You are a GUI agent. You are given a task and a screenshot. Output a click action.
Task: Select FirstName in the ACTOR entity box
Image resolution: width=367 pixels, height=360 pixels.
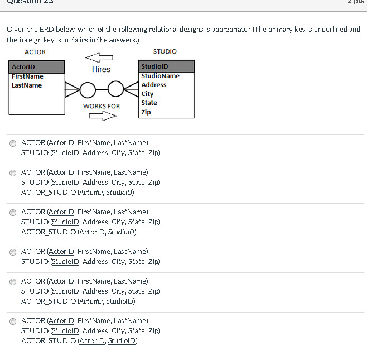pos(27,76)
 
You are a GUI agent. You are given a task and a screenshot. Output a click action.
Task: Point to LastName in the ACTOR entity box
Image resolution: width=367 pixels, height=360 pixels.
pos(26,85)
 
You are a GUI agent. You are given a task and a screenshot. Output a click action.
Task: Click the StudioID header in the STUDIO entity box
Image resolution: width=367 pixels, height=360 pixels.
pos(154,67)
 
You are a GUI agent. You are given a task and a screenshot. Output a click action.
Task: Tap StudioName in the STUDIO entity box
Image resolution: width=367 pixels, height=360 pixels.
pos(160,76)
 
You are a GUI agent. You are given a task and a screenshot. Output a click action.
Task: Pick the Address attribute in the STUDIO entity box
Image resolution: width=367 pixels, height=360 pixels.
pos(153,85)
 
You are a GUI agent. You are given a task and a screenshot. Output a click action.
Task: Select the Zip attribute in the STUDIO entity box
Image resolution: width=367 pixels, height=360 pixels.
pos(146,112)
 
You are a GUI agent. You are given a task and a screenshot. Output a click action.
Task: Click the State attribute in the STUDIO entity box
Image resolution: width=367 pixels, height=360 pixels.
pos(149,103)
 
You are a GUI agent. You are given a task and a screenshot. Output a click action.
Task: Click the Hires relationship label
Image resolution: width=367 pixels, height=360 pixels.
pos(101,69)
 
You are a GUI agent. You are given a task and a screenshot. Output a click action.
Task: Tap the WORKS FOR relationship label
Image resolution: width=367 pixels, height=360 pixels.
pos(101,106)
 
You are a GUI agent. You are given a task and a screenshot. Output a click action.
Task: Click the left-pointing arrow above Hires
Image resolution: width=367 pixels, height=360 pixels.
pos(99,57)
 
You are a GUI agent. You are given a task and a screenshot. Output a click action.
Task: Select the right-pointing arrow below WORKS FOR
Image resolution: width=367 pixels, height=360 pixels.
pos(102,116)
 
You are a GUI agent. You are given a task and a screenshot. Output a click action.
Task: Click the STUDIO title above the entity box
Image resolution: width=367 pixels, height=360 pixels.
pos(165,51)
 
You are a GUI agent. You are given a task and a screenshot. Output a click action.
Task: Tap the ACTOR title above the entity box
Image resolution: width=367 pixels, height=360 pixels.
pos(35,52)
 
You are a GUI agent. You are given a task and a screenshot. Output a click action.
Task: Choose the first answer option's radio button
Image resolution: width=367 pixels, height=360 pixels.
pos(13,143)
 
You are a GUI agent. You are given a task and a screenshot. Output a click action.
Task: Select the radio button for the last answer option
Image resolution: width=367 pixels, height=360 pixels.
pos(13,321)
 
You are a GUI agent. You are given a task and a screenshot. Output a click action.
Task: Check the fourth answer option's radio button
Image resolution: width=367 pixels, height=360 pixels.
pos(13,252)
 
